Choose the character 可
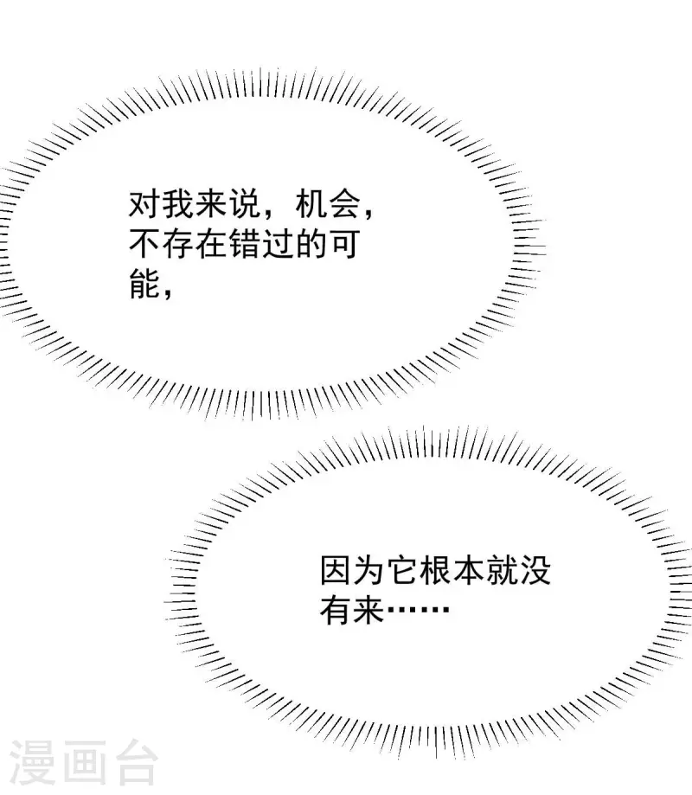(344, 244)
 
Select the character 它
(402, 571)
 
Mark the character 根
(435, 571)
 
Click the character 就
(502, 571)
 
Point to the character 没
(535, 571)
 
